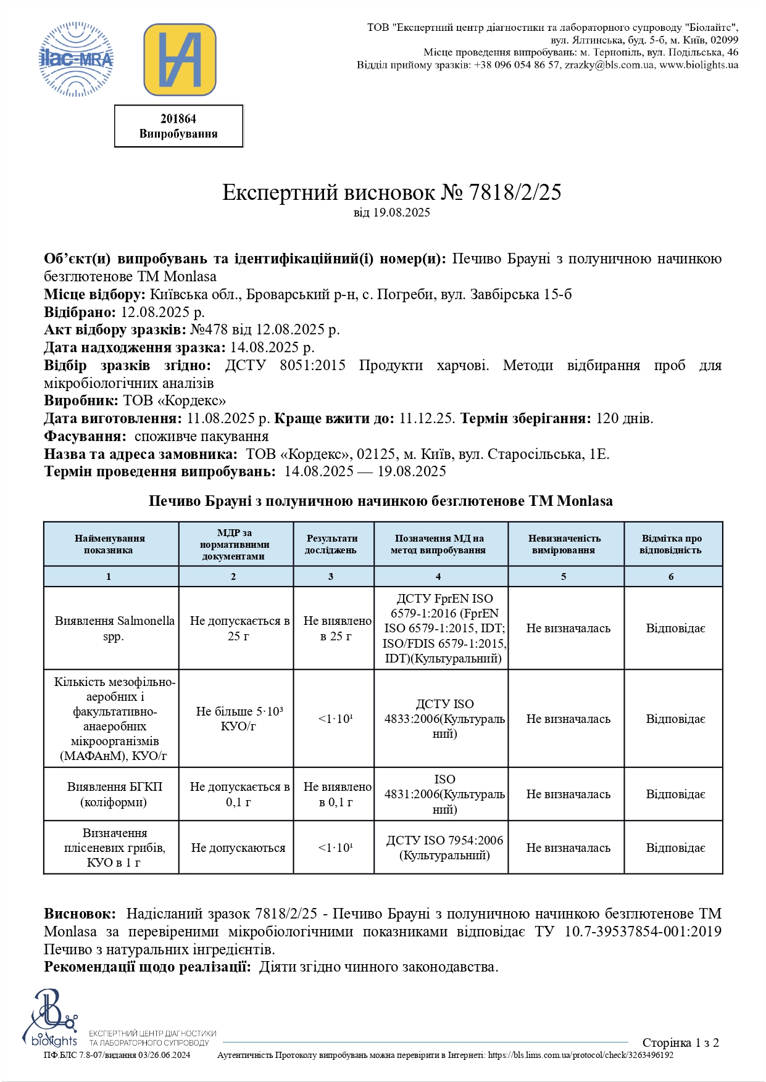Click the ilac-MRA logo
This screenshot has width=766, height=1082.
(77, 59)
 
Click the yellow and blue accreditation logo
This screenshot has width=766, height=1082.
(180, 60)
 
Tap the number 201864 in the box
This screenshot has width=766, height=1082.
(178, 119)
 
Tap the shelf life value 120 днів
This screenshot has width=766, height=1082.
(624, 418)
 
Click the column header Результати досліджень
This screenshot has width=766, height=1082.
(331, 544)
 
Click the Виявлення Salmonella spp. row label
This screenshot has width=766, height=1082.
(114, 628)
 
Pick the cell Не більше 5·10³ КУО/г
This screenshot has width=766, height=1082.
(238, 719)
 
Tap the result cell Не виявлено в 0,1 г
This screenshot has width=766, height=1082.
(336, 795)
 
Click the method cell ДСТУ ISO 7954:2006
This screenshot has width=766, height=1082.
(444, 848)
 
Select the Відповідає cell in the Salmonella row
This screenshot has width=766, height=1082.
(675, 629)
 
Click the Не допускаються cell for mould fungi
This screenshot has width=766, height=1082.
(238, 848)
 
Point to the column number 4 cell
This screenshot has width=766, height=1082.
(438, 576)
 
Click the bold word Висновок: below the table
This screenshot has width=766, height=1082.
(80, 914)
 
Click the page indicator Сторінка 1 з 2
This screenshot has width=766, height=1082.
(680, 1043)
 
